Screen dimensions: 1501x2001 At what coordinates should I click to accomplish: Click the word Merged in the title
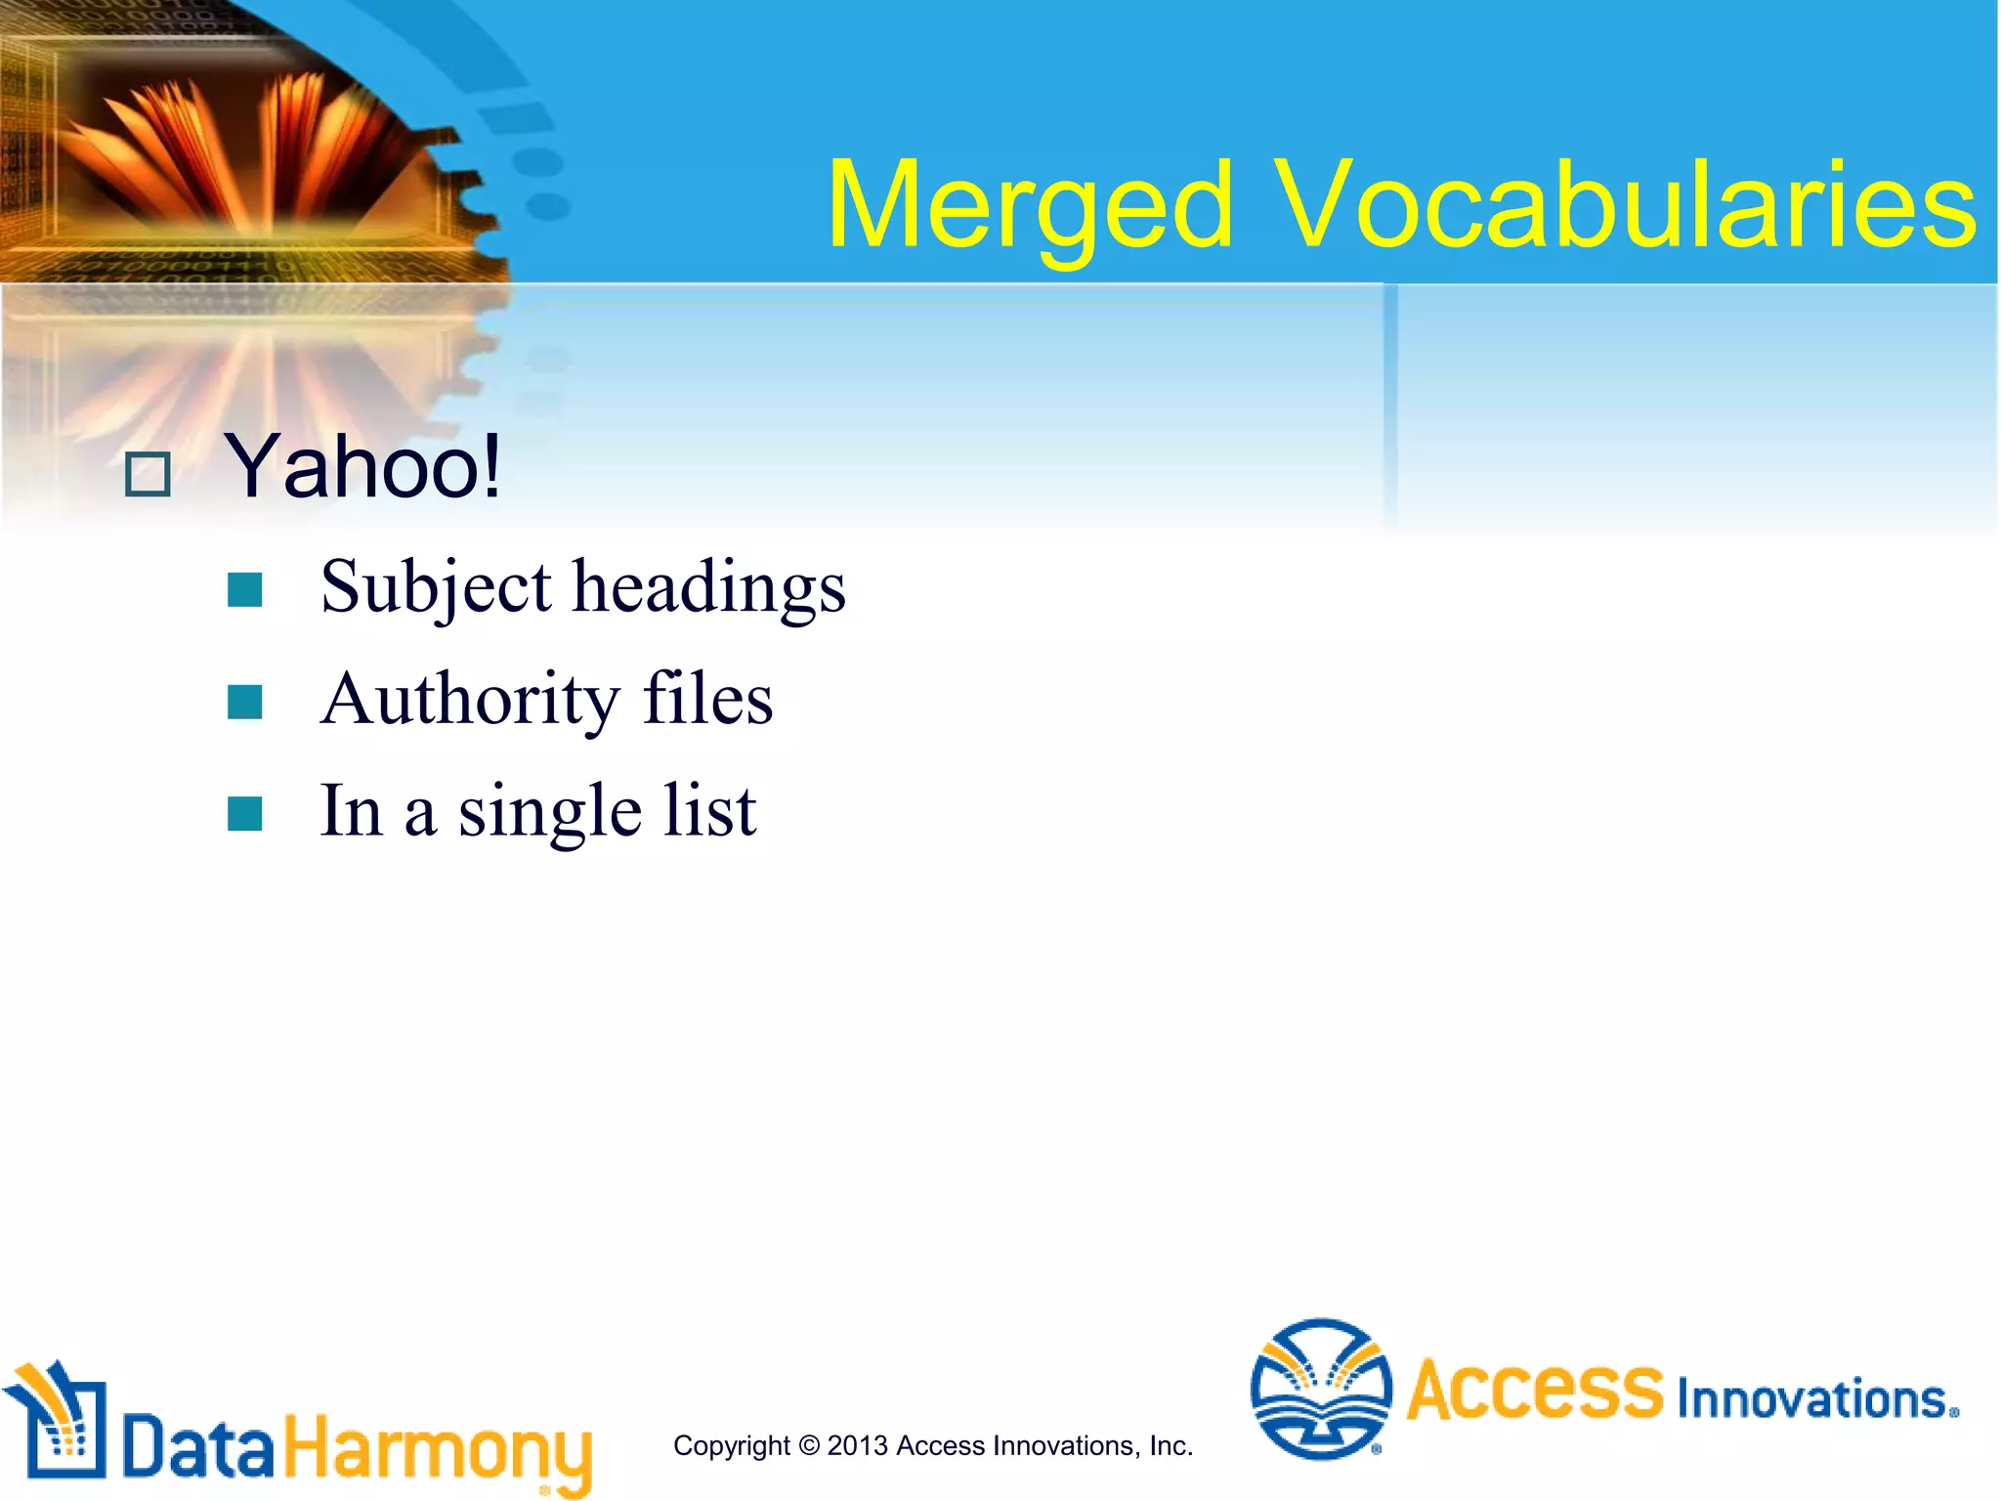coord(1029,208)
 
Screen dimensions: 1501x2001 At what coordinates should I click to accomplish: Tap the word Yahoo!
coord(362,467)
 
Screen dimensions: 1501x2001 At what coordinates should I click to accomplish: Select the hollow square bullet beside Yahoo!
coord(149,475)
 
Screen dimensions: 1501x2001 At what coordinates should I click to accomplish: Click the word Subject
coord(436,588)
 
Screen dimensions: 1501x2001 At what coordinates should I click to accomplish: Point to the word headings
coord(709,588)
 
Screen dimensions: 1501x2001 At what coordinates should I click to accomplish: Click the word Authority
coord(470,700)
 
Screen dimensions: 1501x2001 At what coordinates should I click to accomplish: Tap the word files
coord(707,700)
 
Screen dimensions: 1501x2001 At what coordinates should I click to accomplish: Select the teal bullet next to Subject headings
coord(244,590)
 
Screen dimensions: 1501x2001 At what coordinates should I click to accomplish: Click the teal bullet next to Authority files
coord(244,702)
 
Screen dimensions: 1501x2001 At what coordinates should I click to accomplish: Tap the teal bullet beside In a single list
coord(244,814)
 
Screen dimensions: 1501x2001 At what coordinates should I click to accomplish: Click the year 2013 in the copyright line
coord(857,1445)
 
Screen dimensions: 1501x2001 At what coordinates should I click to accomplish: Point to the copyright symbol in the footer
coord(809,1445)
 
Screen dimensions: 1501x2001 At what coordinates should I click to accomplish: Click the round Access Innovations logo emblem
coord(1321,1389)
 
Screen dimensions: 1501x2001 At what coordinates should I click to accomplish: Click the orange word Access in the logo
coord(1534,1391)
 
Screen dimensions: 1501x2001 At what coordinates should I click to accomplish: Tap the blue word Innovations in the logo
coord(1813,1398)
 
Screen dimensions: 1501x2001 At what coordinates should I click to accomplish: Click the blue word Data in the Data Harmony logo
coord(198,1447)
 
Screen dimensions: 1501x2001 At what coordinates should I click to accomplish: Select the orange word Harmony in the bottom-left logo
coord(438,1450)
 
